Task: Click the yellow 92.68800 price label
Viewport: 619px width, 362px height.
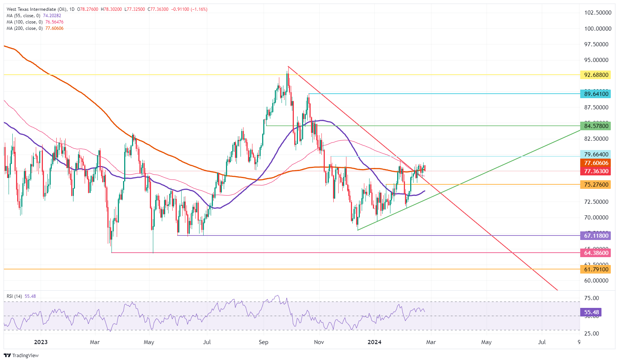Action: (596, 75)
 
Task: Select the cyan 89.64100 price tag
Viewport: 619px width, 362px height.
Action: (596, 94)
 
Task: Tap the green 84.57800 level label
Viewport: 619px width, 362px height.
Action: (596, 126)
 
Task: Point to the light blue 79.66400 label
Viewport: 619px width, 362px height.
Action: (596, 155)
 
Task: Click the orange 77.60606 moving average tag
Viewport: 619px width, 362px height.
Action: (596, 163)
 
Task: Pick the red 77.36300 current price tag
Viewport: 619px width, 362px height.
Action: (596, 171)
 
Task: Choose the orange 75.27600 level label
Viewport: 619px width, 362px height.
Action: (596, 185)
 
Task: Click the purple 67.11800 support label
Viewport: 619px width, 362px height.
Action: (596, 236)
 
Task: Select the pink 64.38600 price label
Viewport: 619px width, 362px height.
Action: (596, 253)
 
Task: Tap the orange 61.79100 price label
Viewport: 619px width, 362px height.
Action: (596, 269)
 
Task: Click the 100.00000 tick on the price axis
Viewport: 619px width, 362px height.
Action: (598, 29)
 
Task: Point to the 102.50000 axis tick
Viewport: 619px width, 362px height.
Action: (598, 13)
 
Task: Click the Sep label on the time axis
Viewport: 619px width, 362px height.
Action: (263, 342)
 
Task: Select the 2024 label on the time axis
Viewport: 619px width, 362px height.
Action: (374, 342)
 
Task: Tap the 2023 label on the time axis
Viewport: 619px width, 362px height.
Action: (41, 342)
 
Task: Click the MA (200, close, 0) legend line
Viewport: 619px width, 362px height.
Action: (25, 28)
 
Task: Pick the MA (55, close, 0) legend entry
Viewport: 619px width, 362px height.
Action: (23, 16)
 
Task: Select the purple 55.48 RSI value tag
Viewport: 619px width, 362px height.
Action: (591, 312)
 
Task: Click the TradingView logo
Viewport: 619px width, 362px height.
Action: (21, 355)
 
